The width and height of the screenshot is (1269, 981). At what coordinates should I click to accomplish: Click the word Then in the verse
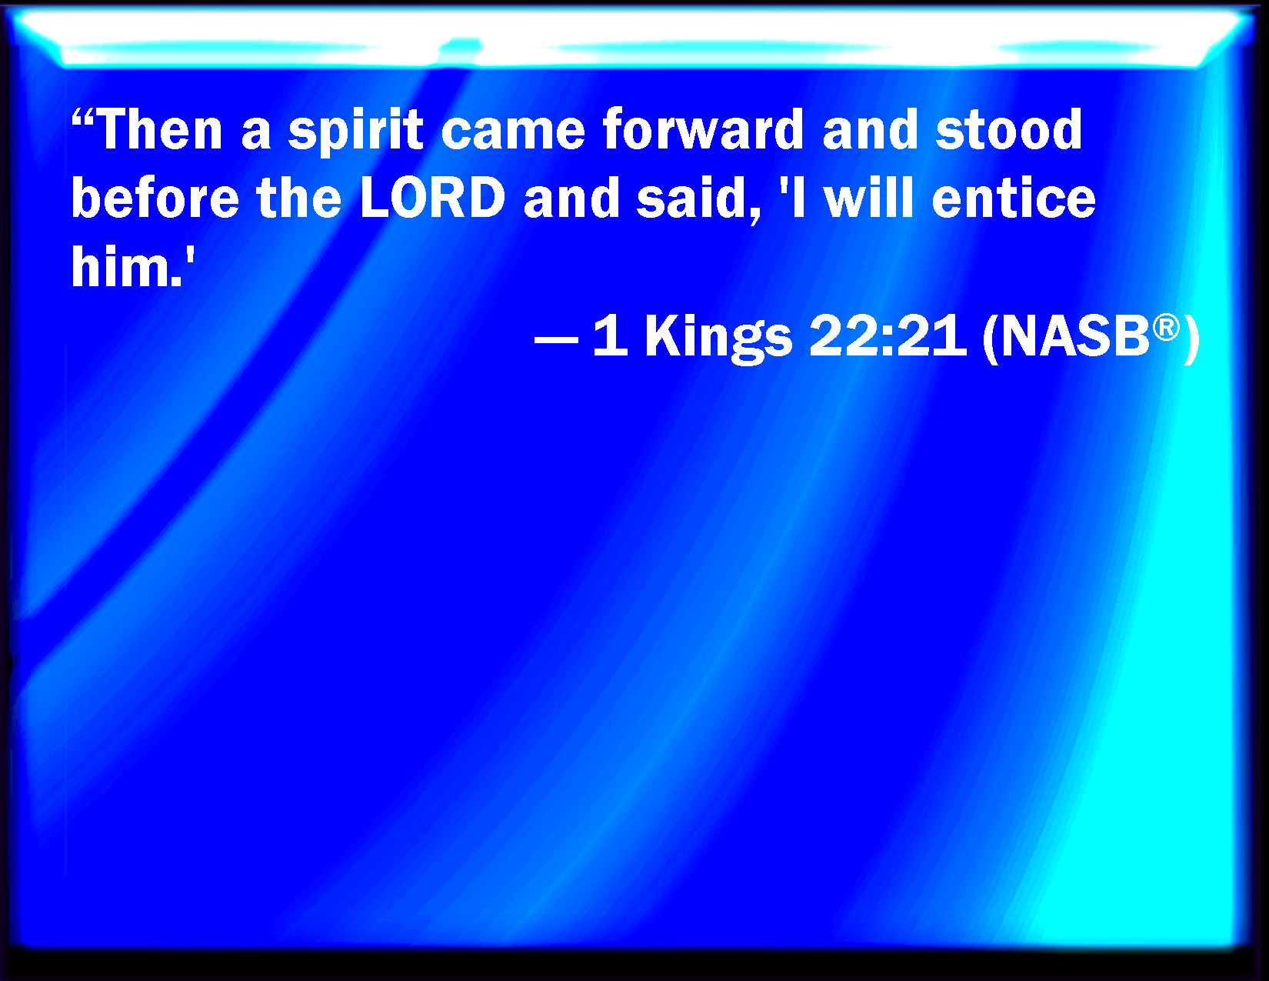159,129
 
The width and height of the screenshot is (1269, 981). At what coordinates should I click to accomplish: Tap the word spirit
355,132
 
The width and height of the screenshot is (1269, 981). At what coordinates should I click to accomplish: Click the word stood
1009,129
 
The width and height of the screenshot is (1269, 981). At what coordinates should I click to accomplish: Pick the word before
155,198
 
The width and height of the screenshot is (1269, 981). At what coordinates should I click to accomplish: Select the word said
698,198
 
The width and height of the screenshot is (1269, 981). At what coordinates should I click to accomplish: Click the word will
868,198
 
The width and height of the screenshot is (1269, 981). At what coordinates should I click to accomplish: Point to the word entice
1014,198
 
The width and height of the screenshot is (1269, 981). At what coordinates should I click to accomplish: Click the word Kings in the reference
718,338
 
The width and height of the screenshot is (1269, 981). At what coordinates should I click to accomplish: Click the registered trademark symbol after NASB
1167,327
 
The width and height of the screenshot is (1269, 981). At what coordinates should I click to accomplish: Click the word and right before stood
870,129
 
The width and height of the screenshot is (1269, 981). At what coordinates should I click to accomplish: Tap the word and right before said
571,198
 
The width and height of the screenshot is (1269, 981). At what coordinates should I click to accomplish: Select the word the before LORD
299,198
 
